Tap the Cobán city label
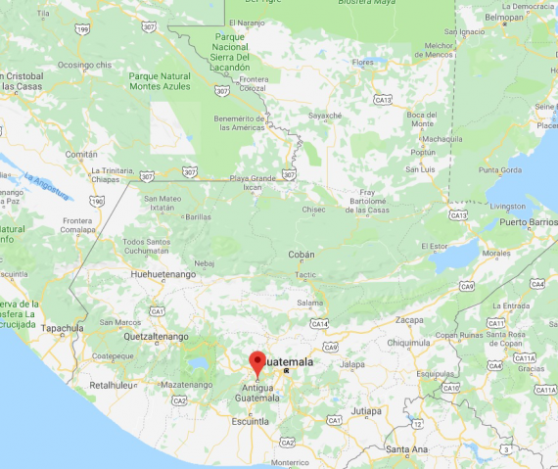[302, 255]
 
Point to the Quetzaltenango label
[156, 336]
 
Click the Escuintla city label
[250, 420]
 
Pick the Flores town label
[363, 63]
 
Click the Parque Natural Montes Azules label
[160, 80]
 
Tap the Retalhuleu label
[110, 385]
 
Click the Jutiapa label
[366, 410]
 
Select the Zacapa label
[409, 320]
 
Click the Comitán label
[80, 155]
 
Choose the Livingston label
[507, 206]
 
